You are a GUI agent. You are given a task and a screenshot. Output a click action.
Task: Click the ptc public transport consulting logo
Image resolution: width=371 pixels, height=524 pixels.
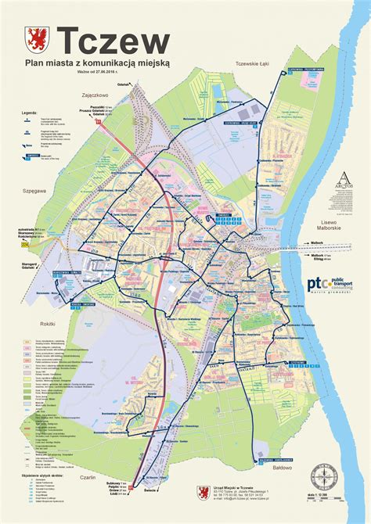(333, 286)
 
